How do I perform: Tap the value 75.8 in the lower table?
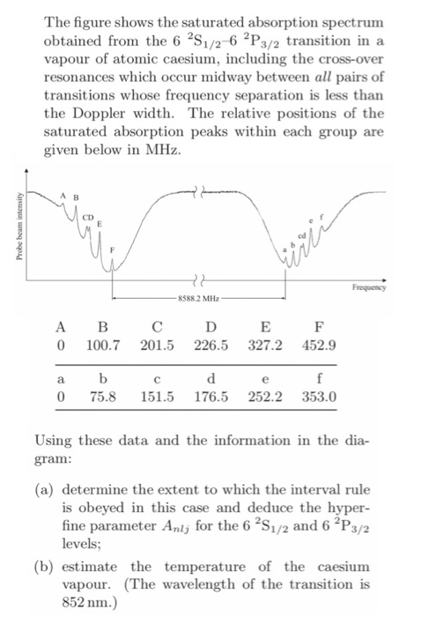(104, 397)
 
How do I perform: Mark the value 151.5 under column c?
(158, 397)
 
